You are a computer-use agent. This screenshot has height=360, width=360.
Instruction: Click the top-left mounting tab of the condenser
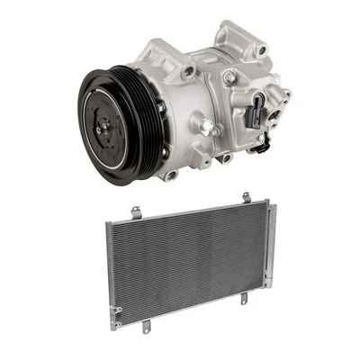point(136,211)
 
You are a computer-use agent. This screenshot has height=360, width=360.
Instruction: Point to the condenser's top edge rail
point(189,211)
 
